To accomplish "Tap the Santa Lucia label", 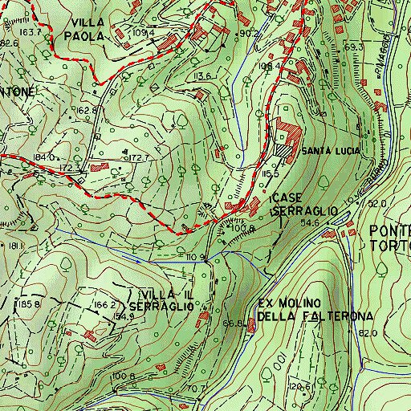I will point(333,150).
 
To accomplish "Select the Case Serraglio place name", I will point(300,204).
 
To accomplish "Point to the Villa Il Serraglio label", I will point(165,299).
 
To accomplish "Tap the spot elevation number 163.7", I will point(30,33).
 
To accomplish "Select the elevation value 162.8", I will point(87,110).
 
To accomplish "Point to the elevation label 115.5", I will point(269,173).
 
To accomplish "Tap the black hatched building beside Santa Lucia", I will point(283,148).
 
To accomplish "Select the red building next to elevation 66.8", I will point(251,325).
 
